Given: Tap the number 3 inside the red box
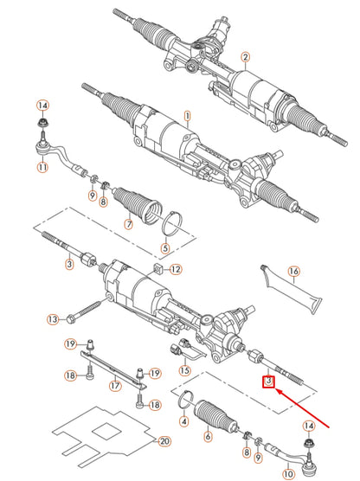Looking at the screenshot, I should [269, 382].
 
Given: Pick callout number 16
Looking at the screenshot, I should [293, 272].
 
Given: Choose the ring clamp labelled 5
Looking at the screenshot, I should [174, 228].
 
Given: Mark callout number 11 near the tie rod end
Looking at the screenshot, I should [42, 168].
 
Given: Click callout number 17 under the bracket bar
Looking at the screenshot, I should [114, 385].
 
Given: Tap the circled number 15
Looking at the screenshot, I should [184, 369].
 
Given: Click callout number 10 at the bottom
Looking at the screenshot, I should [288, 474].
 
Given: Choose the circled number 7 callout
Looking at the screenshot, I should [128, 224].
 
